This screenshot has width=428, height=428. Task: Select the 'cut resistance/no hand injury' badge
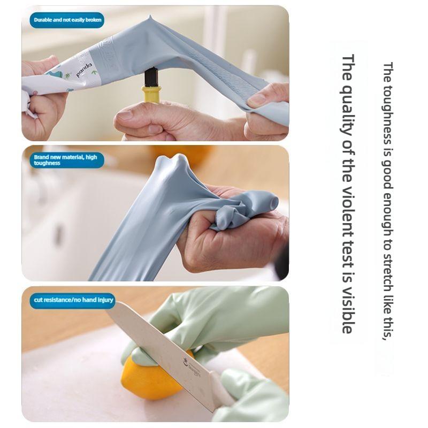(x=73, y=300)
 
